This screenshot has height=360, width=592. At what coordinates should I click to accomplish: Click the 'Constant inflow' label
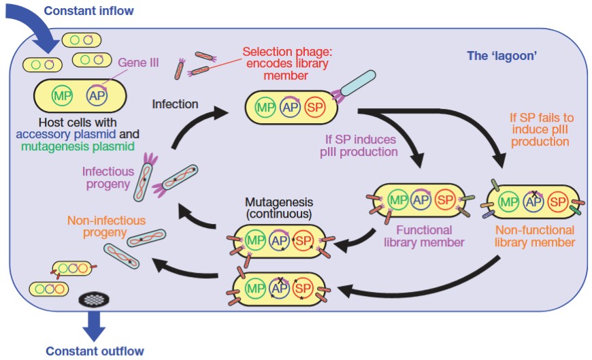click(x=88, y=10)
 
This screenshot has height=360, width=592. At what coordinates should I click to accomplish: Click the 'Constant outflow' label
click(x=95, y=351)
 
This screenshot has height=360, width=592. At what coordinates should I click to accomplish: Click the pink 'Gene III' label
click(x=138, y=63)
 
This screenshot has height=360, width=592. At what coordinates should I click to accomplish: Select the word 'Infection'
click(x=175, y=104)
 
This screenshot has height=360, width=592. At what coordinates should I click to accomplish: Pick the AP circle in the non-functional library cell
click(x=534, y=202)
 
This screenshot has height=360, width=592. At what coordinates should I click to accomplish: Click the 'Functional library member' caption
click(x=424, y=236)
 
